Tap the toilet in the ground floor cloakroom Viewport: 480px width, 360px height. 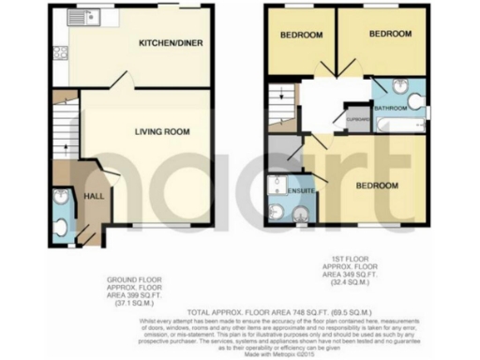click(60, 225)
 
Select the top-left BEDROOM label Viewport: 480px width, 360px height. click(301, 35)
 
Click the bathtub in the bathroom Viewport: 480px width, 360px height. click(397, 124)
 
